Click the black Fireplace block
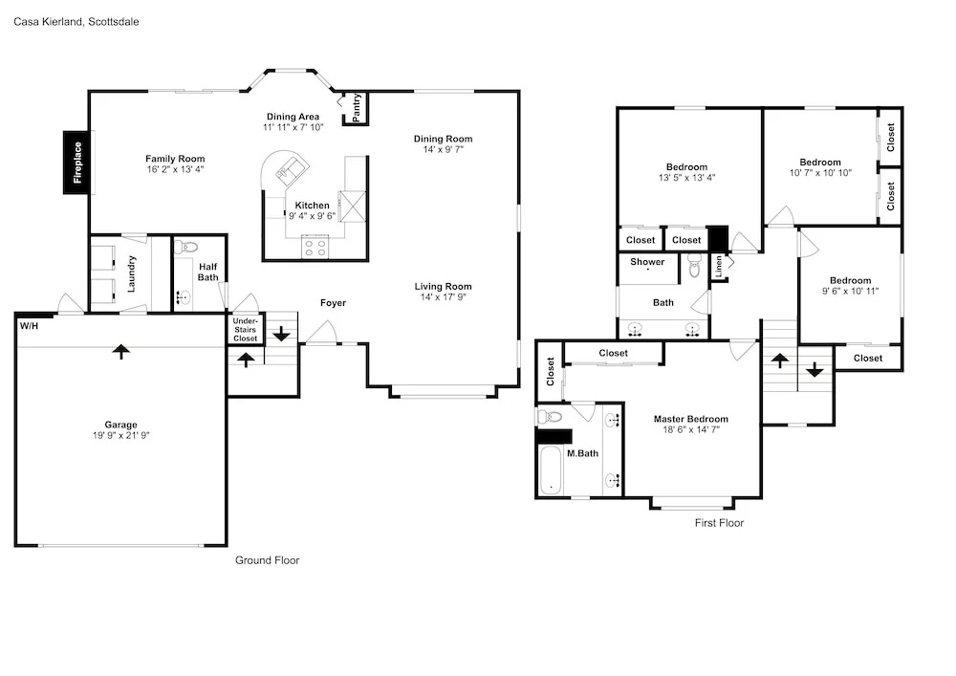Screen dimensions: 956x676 (x=78, y=163)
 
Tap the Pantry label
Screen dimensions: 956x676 (x=357, y=107)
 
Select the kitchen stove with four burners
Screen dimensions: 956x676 (x=315, y=248)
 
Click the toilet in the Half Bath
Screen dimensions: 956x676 (x=186, y=248)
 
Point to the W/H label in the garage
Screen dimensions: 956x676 (x=29, y=326)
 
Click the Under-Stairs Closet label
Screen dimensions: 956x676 (x=245, y=330)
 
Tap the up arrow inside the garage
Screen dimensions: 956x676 (x=121, y=351)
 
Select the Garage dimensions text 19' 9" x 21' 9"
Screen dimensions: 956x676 (x=120, y=435)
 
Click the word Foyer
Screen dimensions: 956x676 (x=333, y=303)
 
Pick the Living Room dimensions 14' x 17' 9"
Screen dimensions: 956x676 (x=444, y=296)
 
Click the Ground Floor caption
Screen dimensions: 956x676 (x=267, y=560)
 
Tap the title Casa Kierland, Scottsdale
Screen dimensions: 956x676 (x=76, y=22)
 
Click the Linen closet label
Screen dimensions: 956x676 (x=719, y=267)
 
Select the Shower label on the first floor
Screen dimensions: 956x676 (x=647, y=262)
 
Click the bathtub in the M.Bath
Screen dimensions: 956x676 (x=552, y=470)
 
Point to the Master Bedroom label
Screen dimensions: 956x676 (x=691, y=419)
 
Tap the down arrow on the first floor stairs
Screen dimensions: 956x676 (x=815, y=369)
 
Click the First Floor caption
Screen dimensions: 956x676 (x=720, y=523)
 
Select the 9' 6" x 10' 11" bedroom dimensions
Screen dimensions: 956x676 (x=851, y=291)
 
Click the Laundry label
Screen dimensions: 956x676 (x=131, y=273)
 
